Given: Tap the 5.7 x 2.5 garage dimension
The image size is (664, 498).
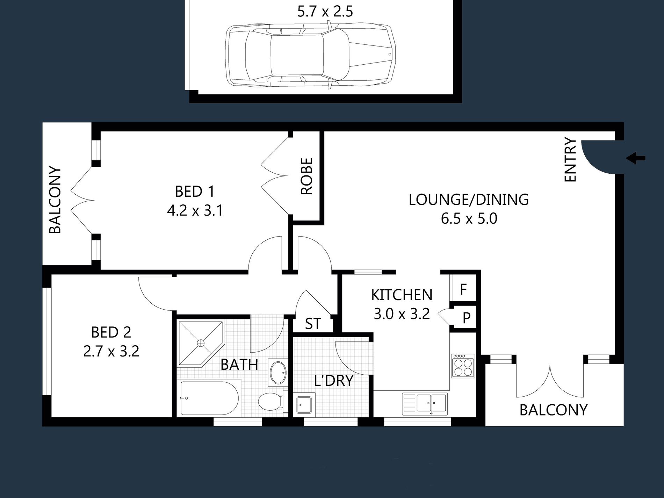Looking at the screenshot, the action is pos(325,11).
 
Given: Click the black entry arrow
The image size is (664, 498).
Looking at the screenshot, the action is pos(636,158).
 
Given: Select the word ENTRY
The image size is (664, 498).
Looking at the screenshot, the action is pos(570,160).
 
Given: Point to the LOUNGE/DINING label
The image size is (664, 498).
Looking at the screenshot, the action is pos(469,200).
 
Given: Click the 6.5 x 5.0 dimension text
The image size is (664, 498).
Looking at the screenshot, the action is pos(469,219).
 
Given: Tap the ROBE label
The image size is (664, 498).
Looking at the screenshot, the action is pos(306,176).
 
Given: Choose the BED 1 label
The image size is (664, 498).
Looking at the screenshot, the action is pos(195,192).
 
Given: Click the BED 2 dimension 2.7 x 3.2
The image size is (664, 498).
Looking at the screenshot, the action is pos(111,351).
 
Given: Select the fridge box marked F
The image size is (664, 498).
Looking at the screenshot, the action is pos(463,289).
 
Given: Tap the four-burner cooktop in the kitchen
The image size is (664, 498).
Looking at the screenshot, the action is pos(463,366).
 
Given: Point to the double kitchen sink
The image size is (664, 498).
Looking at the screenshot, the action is pos(425,404).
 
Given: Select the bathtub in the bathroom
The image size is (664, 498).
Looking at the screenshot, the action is pos(209,398).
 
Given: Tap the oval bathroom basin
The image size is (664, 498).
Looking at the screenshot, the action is pos(278,373).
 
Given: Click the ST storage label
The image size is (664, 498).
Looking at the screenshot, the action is pos(312,324).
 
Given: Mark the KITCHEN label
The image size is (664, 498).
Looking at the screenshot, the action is pos(402,295).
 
